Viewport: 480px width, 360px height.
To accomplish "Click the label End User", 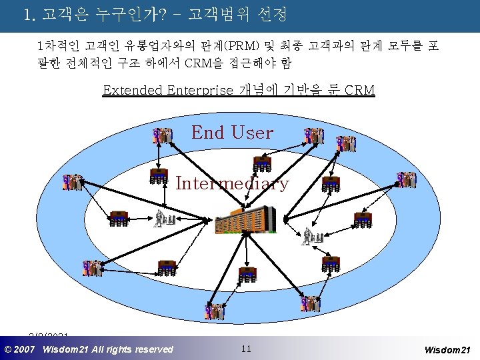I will pos(232,133).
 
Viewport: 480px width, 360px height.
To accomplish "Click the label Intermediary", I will pos(232,183).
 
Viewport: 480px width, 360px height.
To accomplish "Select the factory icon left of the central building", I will pos(163,218).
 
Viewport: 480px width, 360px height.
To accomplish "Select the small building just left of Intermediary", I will pos(159,176).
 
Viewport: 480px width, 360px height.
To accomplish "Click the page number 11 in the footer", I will pos(246,349).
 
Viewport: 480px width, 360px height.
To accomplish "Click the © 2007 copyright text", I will pos(20,349).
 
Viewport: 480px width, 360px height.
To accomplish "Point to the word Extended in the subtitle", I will pos(133,90).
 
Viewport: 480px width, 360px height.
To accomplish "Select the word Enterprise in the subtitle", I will pos(201,90).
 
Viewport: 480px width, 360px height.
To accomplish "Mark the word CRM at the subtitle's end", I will pos(359,90).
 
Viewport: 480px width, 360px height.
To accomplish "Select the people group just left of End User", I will pos(162,136).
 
